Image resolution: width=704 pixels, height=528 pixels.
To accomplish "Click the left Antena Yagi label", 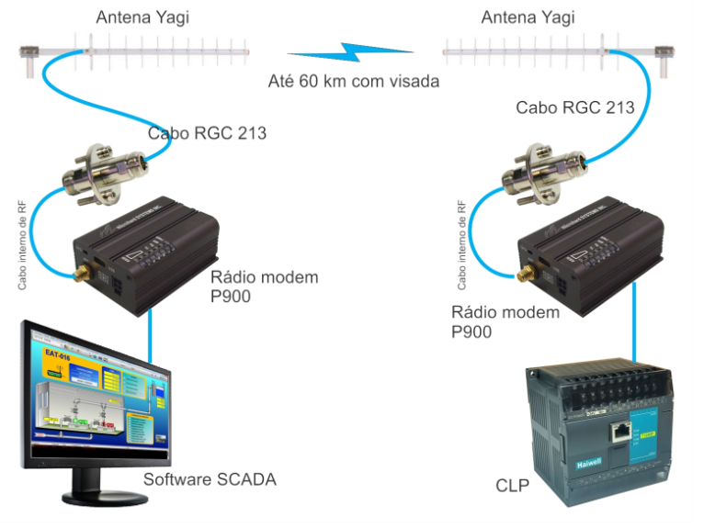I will tap(142, 17).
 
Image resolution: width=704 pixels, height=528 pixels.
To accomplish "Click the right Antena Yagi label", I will tap(528, 17).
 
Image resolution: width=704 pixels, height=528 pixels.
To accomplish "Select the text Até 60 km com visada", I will tap(354, 81).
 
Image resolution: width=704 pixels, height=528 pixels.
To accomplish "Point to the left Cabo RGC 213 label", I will tap(207, 133).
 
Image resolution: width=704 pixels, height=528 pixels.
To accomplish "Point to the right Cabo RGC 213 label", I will tap(574, 107).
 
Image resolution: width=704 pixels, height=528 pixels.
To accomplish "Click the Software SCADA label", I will tap(210, 479).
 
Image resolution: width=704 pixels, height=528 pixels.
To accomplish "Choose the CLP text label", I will tap(512, 485).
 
